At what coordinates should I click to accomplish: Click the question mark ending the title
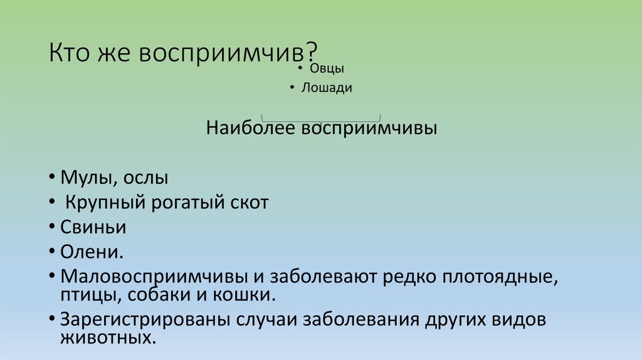312,51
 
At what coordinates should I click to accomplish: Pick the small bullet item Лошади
326,88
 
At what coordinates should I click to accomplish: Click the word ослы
145,177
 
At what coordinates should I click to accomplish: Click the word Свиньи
93,226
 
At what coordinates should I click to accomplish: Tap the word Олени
91,251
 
